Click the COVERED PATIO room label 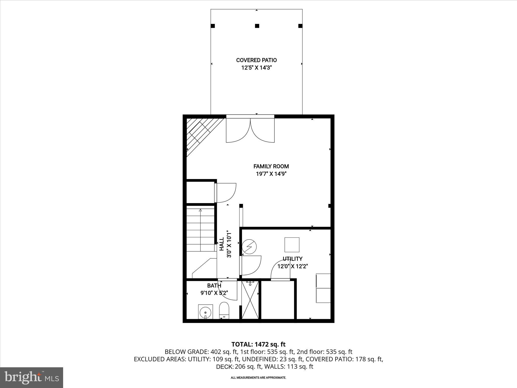coord(256,60)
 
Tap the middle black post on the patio coord(257,26)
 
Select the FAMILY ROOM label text coord(271,166)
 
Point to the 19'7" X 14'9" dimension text coord(271,174)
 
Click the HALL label coord(222,244)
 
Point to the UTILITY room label coord(292,259)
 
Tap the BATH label coord(214,285)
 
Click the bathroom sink coord(205,312)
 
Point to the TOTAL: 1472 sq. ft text coord(258,344)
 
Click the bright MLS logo coord(32,377)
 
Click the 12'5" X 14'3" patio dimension coord(256,68)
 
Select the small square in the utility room coord(292,245)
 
